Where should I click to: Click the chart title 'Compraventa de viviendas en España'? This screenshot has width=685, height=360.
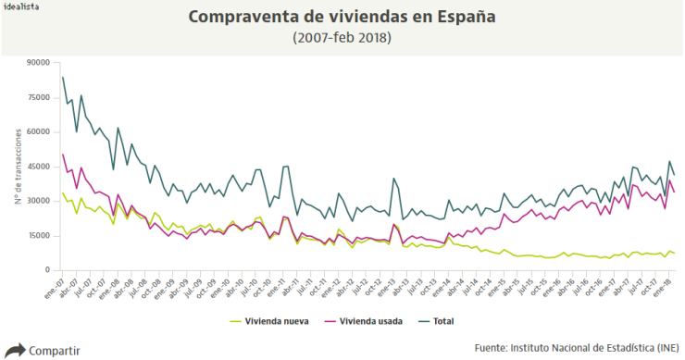(x=342, y=18)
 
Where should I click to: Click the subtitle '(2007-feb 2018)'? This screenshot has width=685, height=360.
(x=342, y=38)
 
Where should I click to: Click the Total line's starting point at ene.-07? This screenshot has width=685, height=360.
(x=62, y=77)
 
